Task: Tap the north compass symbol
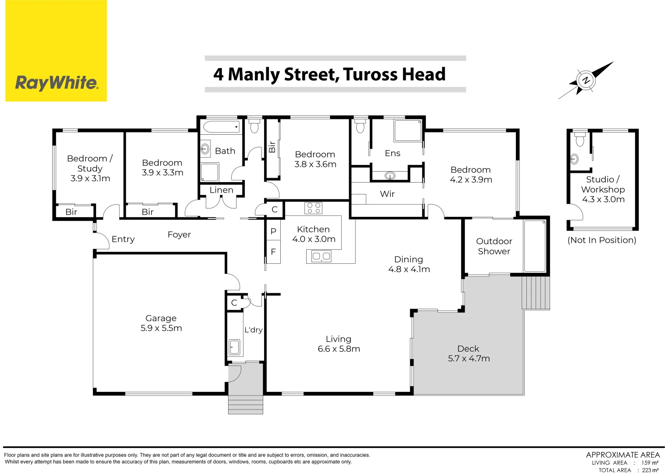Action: pyautogui.click(x=586, y=80)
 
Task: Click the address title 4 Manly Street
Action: pyautogui.click(x=329, y=74)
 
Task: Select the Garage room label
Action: pyautogui.click(x=161, y=318)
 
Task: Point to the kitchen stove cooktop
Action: pyautogui.click(x=313, y=208)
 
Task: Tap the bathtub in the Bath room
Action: pyautogui.click(x=222, y=127)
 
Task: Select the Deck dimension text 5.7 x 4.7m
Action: pyautogui.click(x=468, y=359)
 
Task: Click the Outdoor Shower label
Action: pyautogui.click(x=493, y=246)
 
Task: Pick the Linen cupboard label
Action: pyautogui.click(x=221, y=190)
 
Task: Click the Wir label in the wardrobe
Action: pyautogui.click(x=387, y=194)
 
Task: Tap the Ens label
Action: pyautogui.click(x=392, y=153)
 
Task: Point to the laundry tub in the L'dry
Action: pyautogui.click(x=234, y=347)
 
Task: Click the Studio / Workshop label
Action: pyautogui.click(x=603, y=184)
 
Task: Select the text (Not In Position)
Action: pyautogui.click(x=601, y=240)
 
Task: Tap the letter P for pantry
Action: pyautogui.click(x=273, y=231)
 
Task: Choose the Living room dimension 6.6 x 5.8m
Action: pyautogui.click(x=339, y=349)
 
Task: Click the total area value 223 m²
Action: pyautogui.click(x=650, y=470)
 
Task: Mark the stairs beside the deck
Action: pyautogui.click(x=536, y=293)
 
